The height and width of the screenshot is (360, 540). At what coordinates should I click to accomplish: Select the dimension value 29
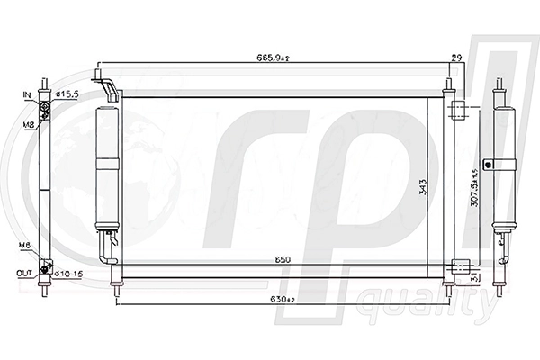[x=457, y=58]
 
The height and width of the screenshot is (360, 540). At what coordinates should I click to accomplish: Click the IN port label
[x=27, y=94]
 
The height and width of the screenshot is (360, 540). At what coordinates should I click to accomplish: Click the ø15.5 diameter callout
[x=70, y=94]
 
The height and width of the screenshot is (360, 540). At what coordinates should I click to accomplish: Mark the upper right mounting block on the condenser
[x=459, y=112]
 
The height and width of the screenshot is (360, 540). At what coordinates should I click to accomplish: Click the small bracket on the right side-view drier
[x=488, y=164]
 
